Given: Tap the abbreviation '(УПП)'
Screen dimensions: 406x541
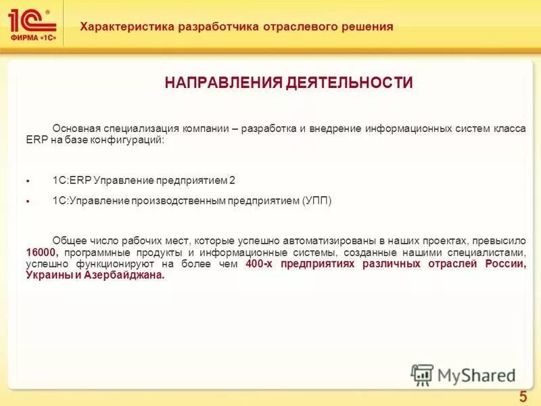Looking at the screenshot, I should [x=316, y=201].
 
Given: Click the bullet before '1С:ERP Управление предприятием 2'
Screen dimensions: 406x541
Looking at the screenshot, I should [x=28, y=181].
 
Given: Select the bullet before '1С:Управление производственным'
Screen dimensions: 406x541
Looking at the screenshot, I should [x=28, y=202].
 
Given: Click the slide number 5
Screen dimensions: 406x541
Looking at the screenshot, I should [x=523, y=397].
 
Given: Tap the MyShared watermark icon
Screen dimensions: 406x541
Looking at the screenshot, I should [x=423, y=374].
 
